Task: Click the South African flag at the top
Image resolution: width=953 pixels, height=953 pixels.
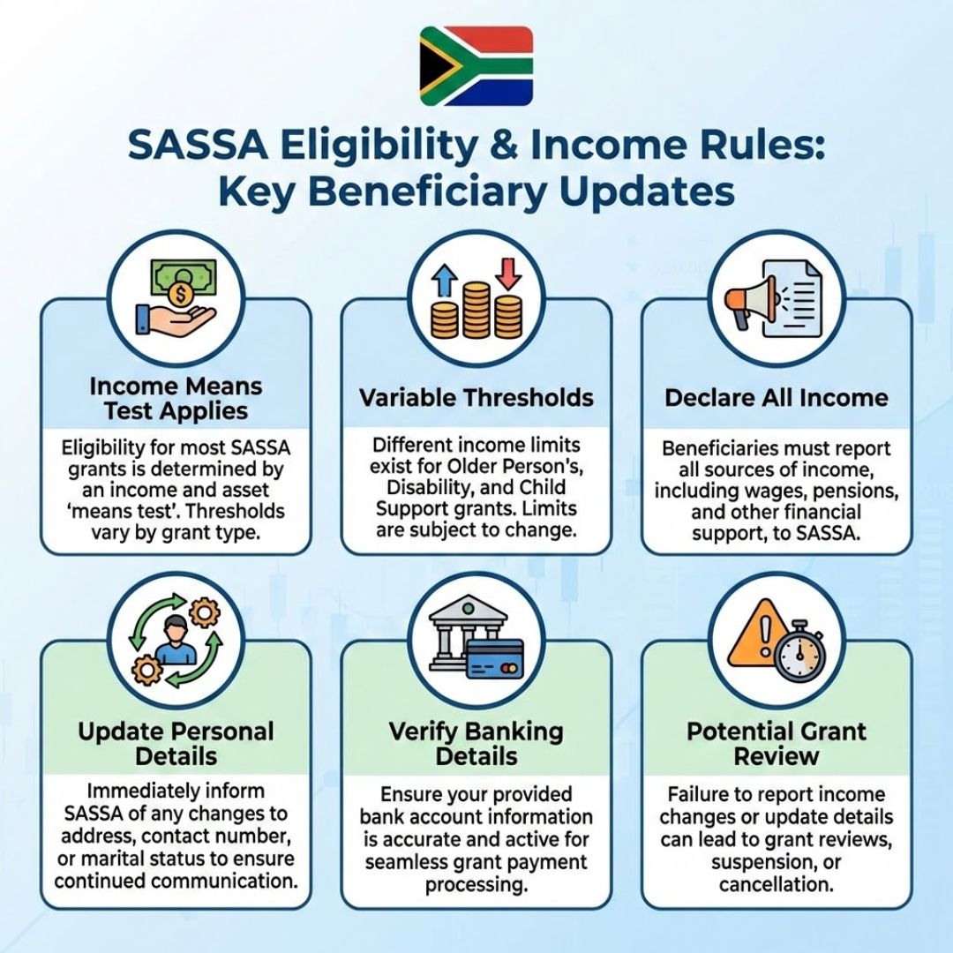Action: click(476, 65)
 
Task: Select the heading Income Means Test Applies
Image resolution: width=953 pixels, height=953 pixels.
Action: click(175, 399)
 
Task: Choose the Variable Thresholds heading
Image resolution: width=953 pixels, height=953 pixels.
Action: click(476, 397)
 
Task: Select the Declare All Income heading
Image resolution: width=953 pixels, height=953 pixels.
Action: click(776, 397)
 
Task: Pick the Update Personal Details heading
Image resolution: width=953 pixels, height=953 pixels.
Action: click(175, 744)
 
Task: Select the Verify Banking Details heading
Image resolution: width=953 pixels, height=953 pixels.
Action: click(476, 744)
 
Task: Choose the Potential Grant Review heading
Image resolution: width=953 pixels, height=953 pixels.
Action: click(776, 744)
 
